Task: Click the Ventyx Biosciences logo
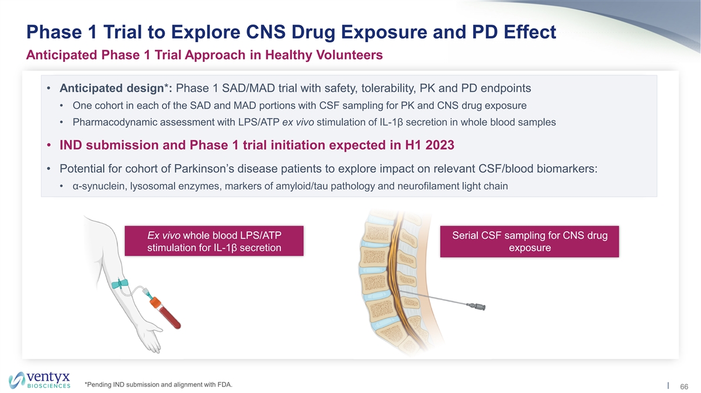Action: coord(40,380)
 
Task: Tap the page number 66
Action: coord(684,387)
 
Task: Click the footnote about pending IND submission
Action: coord(158,385)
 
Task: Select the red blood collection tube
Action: coord(165,313)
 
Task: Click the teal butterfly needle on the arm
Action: coord(120,284)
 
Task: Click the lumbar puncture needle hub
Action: coord(476,306)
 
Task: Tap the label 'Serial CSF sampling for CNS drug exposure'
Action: coord(529,242)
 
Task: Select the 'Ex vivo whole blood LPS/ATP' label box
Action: coord(214,241)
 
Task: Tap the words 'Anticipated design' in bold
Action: coord(112,89)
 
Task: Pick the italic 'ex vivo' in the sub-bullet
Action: coord(298,122)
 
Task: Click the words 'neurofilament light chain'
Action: coord(453,186)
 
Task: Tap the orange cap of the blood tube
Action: coord(155,302)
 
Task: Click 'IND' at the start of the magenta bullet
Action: coord(71,145)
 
